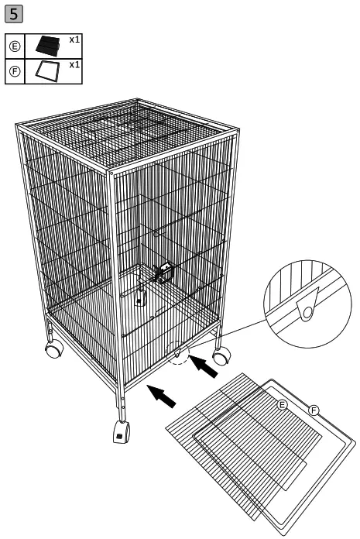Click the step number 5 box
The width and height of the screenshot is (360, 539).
click(x=14, y=14)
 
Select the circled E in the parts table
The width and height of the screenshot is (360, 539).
click(x=15, y=47)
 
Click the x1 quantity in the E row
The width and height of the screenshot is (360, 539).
click(x=74, y=39)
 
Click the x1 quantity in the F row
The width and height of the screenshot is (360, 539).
click(x=74, y=65)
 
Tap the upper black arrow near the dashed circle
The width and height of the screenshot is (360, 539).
click(x=205, y=366)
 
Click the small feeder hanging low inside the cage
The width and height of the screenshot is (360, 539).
click(x=141, y=297)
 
